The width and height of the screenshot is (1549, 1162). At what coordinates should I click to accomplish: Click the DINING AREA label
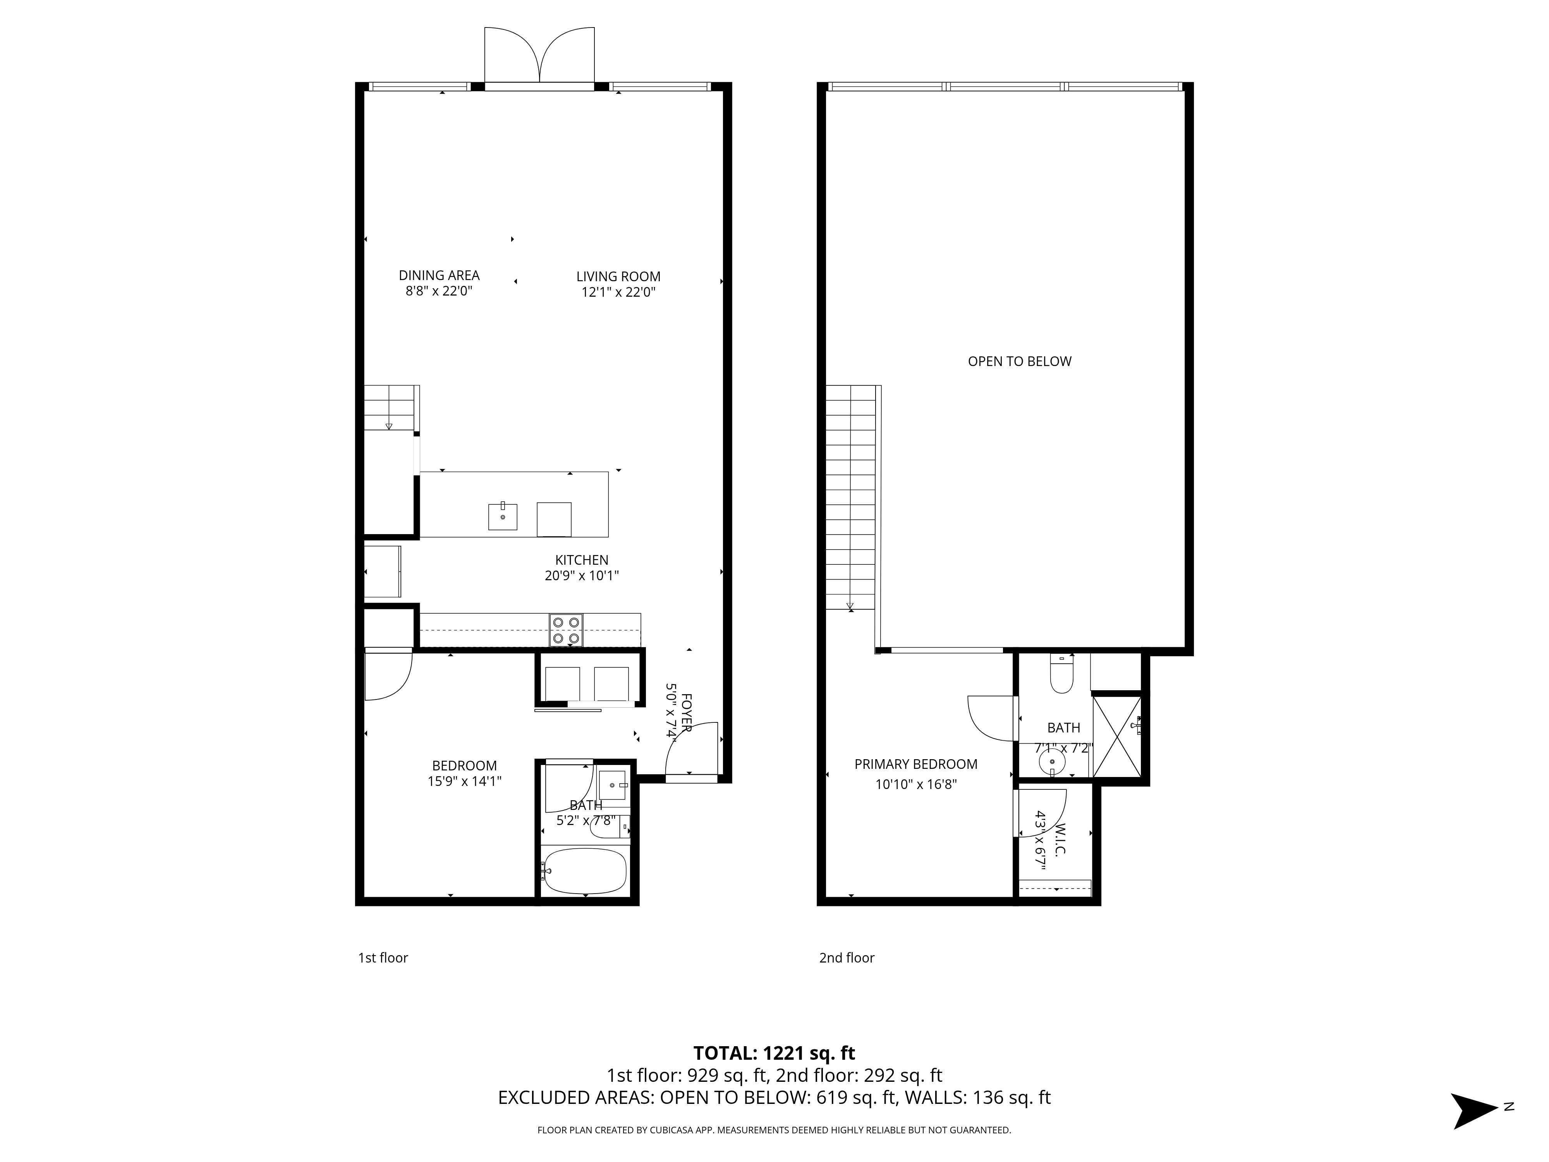(x=439, y=275)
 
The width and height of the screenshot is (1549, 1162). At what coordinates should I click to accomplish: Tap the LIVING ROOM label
(x=618, y=277)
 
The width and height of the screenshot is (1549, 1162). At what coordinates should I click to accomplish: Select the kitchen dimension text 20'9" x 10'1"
(x=582, y=576)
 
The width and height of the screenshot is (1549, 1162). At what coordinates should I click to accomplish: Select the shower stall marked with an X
(x=1117, y=736)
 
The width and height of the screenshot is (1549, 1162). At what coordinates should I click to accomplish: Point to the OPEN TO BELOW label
(x=1020, y=361)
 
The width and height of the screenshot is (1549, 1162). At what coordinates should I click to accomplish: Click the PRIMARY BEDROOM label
(x=916, y=764)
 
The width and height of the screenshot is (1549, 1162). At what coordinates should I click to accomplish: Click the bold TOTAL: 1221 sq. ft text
(x=774, y=1053)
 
